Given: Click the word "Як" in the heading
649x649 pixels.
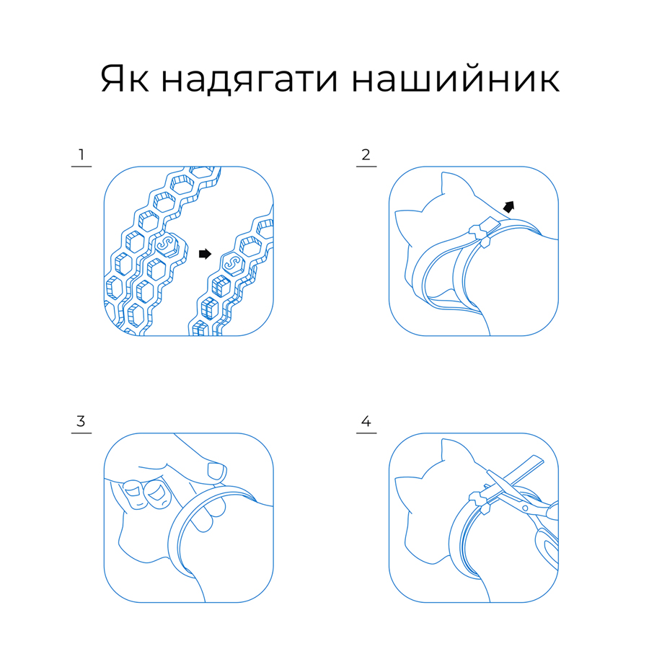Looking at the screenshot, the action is (125, 79).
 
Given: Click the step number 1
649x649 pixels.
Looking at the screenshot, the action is (81, 155).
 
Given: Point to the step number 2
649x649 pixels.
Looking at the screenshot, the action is (366, 155).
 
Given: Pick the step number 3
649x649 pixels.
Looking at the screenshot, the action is (81, 421).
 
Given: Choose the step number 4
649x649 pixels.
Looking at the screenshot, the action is (366, 421).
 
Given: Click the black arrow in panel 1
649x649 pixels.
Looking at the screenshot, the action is (205, 254).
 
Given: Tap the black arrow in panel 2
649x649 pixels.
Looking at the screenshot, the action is (509, 206).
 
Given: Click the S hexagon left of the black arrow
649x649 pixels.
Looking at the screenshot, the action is (167, 245).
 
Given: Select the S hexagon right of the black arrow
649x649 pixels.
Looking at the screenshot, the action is (233, 263).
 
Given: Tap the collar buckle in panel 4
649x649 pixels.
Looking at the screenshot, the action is (480, 502).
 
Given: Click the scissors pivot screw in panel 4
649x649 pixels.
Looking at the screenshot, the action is (525, 508).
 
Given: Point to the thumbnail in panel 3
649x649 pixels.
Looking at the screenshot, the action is (216, 471).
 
